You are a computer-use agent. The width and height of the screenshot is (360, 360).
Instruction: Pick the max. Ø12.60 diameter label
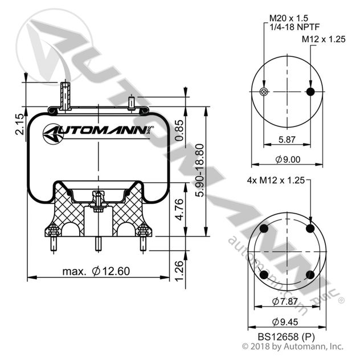tap(97, 271)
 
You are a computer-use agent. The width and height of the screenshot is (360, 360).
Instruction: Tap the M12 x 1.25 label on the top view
tap(324, 40)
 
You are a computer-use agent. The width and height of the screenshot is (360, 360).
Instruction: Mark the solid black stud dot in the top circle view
tap(310, 92)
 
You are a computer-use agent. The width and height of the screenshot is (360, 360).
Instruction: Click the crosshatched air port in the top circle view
tap(263, 92)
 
